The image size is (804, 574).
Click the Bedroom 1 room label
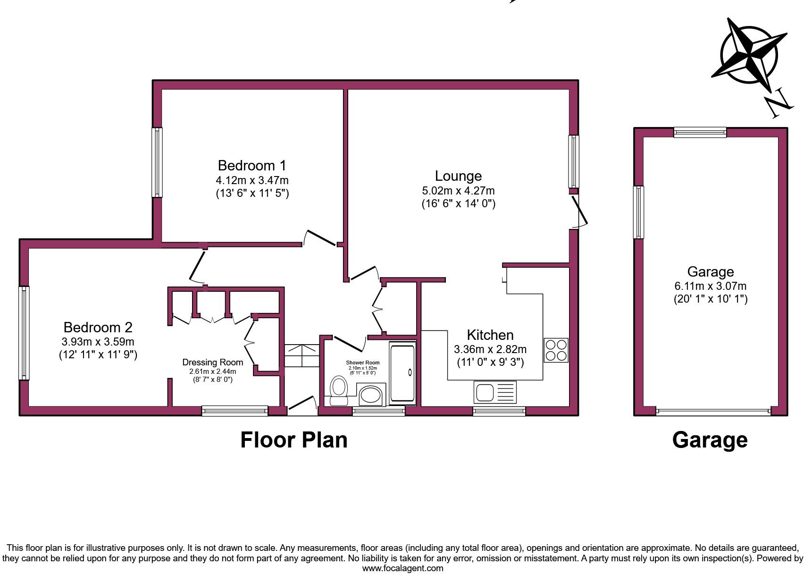pyautogui.click(x=252, y=166)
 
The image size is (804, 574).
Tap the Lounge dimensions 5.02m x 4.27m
pyautogui.click(x=458, y=191)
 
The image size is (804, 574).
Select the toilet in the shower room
pyautogui.click(x=338, y=390)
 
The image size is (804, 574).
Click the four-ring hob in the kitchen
pyautogui.click(x=556, y=350)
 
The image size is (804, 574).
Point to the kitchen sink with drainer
pyautogui.click(x=495, y=392)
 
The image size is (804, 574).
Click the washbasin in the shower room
pyautogui.click(x=372, y=395)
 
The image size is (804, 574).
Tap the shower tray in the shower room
pyautogui.click(x=402, y=373)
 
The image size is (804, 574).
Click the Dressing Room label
pyautogui.click(x=213, y=363)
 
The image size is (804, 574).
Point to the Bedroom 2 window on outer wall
pyautogui.click(x=24, y=333)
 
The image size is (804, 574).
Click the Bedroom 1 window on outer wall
pyautogui.click(x=157, y=162)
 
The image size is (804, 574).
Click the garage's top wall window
pyautogui.click(x=700, y=132)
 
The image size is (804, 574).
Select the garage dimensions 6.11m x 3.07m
pyautogui.click(x=710, y=286)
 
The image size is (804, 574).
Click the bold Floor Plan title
pyautogui.click(x=294, y=440)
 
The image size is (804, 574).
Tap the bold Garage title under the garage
pyautogui.click(x=710, y=440)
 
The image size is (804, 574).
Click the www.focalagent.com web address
pyautogui.click(x=402, y=568)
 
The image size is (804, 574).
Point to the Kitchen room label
pyautogui.click(x=490, y=335)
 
